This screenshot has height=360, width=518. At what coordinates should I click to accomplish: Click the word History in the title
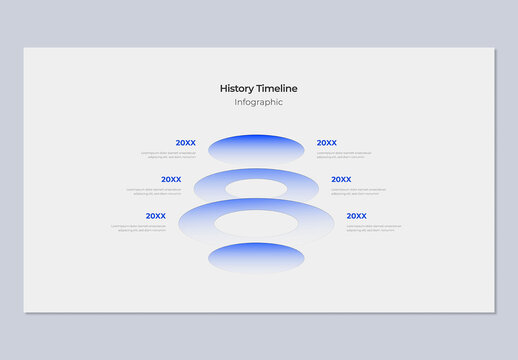pos(237,88)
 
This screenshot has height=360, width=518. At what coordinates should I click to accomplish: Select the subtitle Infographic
pos(258,102)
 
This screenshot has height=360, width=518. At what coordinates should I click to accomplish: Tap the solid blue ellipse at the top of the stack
pos(256,149)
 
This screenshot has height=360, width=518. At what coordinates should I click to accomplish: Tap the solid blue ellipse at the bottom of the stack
pos(256,258)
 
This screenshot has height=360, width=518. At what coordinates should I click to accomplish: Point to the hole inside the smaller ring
pos(256,187)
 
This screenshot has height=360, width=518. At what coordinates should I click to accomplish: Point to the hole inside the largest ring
pos(256,223)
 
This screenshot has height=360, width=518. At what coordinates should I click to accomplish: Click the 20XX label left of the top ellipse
pos(185,143)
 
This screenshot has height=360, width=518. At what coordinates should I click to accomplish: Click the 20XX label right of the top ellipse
pos(327,143)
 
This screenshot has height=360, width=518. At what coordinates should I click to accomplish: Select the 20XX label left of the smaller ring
pos(171,180)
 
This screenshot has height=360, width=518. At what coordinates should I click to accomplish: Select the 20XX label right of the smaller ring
pos(341,180)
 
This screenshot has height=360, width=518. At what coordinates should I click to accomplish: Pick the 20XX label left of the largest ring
pos(155,216)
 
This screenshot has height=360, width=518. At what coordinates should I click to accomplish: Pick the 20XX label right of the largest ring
pos(357,216)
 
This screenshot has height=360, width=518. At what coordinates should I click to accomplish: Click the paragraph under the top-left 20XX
pos(169,155)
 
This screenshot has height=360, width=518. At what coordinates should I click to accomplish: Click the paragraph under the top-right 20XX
pos(343,155)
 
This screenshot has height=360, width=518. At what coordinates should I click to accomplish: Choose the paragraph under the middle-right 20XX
pos(358,191)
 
